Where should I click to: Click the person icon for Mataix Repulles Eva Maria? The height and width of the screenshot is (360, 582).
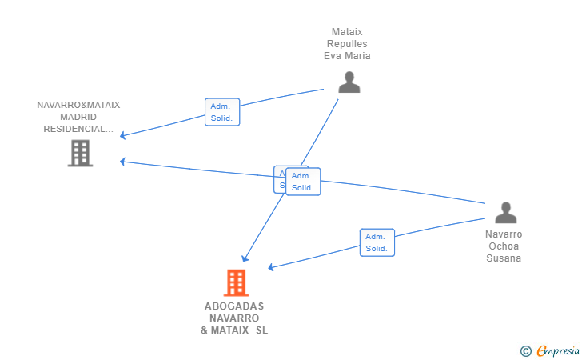(349, 82)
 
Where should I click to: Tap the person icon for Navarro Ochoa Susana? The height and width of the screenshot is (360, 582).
(505, 213)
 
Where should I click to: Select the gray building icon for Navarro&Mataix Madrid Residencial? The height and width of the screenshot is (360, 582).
(80, 153)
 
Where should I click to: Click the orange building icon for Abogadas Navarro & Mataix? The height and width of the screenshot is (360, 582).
(235, 282)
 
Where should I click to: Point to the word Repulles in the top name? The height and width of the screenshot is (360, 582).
(347, 44)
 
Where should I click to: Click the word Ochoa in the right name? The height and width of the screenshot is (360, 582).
(504, 246)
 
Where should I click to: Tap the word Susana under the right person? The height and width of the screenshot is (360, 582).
(504, 258)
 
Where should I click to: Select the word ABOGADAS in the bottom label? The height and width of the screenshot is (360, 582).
(234, 306)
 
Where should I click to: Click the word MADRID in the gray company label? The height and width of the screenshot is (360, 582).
(78, 117)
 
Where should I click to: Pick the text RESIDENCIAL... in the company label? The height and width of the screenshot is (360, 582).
(78, 129)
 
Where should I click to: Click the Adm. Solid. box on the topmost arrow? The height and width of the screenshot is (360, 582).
(221, 112)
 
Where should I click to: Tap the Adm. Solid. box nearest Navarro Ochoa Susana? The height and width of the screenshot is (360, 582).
(377, 242)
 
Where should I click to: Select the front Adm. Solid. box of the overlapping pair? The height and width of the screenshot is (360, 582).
(303, 182)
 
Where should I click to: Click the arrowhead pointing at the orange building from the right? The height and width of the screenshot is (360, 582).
(271, 267)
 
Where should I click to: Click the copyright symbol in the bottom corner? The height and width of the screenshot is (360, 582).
(525, 350)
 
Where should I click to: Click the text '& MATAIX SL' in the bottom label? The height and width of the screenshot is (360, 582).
(234, 330)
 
